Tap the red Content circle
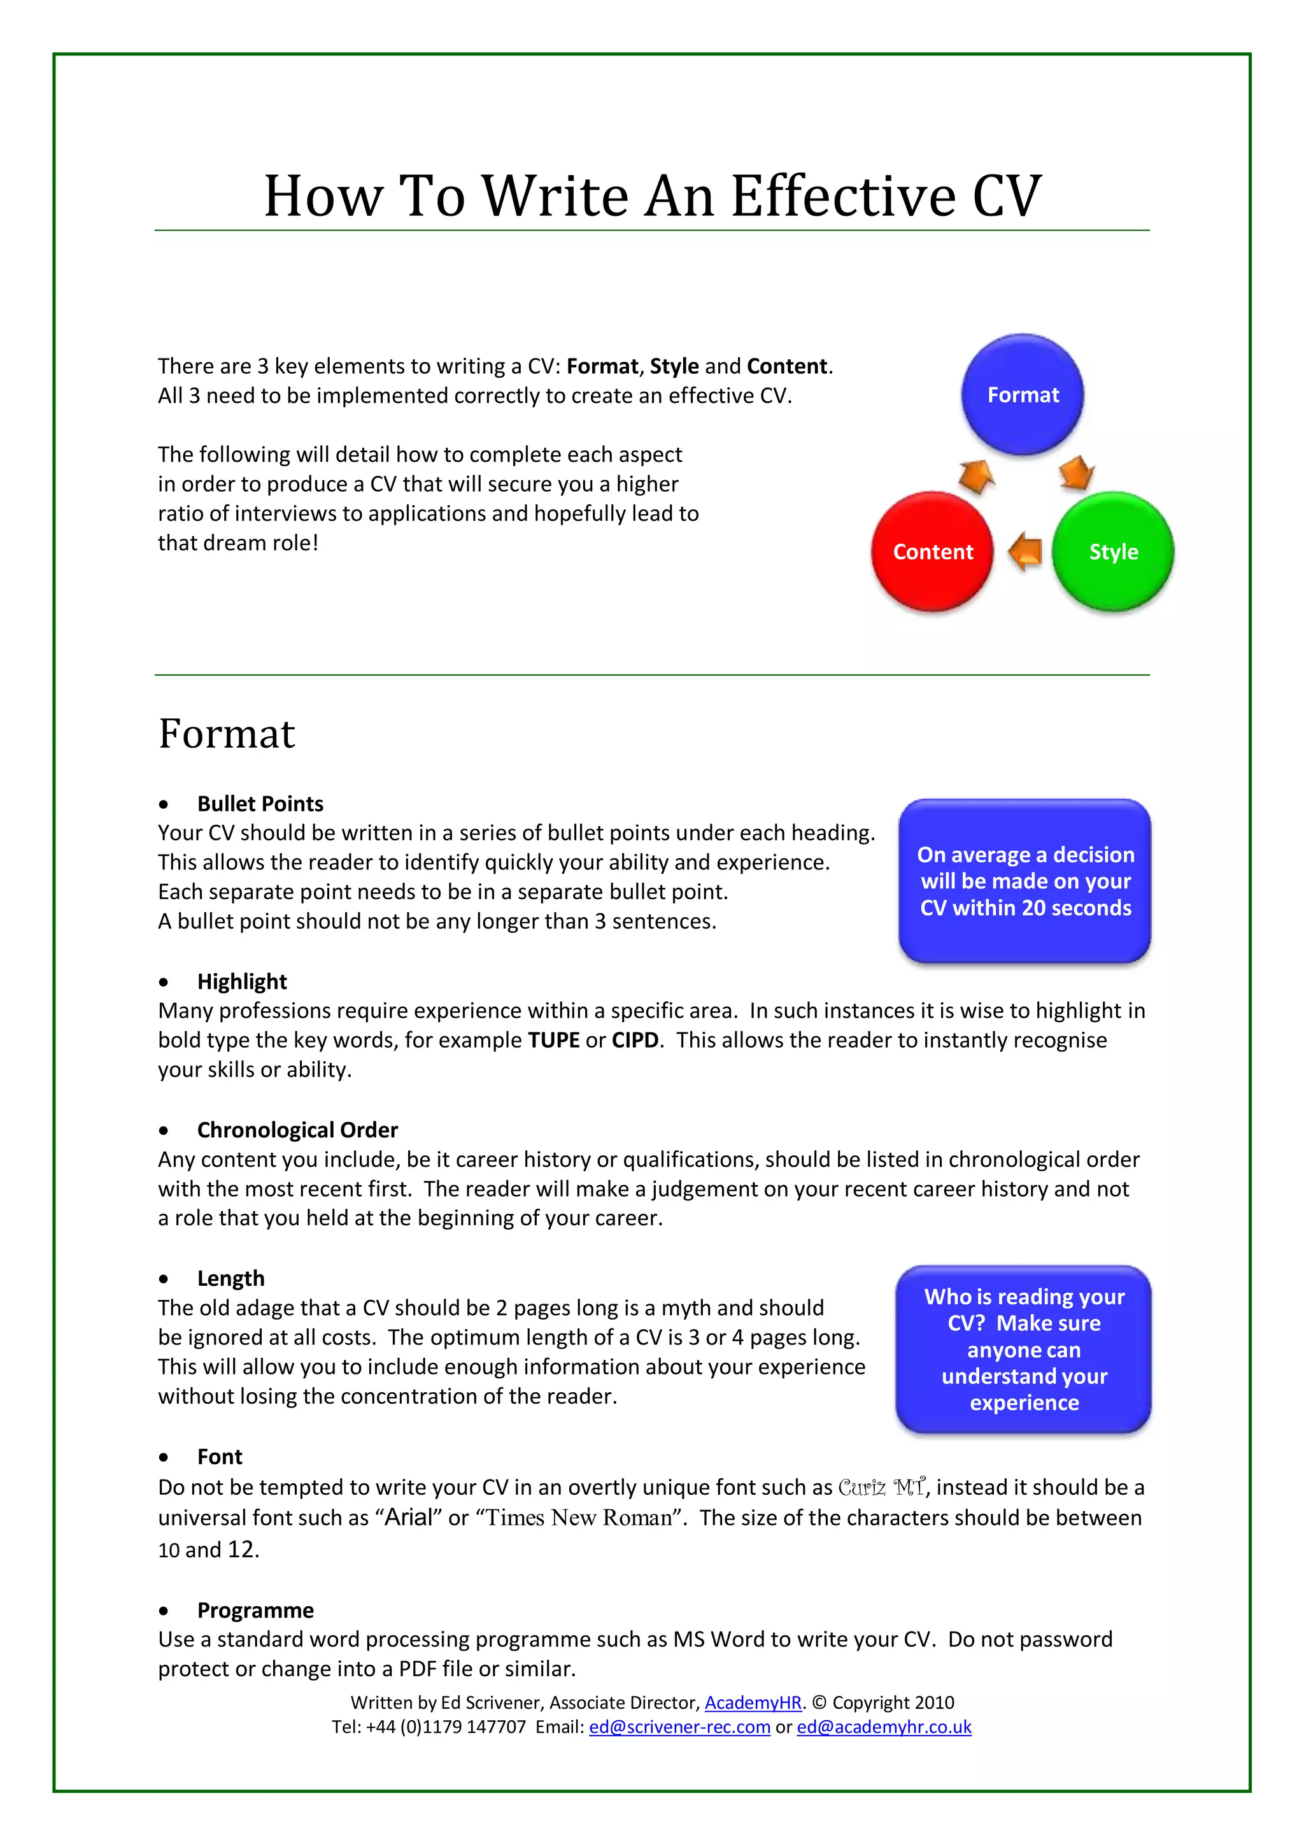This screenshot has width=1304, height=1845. [932, 552]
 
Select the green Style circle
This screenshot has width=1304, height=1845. [1113, 552]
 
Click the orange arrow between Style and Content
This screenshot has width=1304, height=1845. [1025, 552]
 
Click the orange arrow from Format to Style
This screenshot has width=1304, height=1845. [1076, 473]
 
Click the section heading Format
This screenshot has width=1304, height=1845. [227, 734]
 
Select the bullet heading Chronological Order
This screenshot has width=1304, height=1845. [297, 1130]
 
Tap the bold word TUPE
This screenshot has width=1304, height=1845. [553, 1040]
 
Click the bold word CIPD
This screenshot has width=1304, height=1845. [635, 1040]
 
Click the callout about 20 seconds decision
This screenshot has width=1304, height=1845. [1024, 881]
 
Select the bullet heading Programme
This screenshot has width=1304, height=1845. [255, 1611]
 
